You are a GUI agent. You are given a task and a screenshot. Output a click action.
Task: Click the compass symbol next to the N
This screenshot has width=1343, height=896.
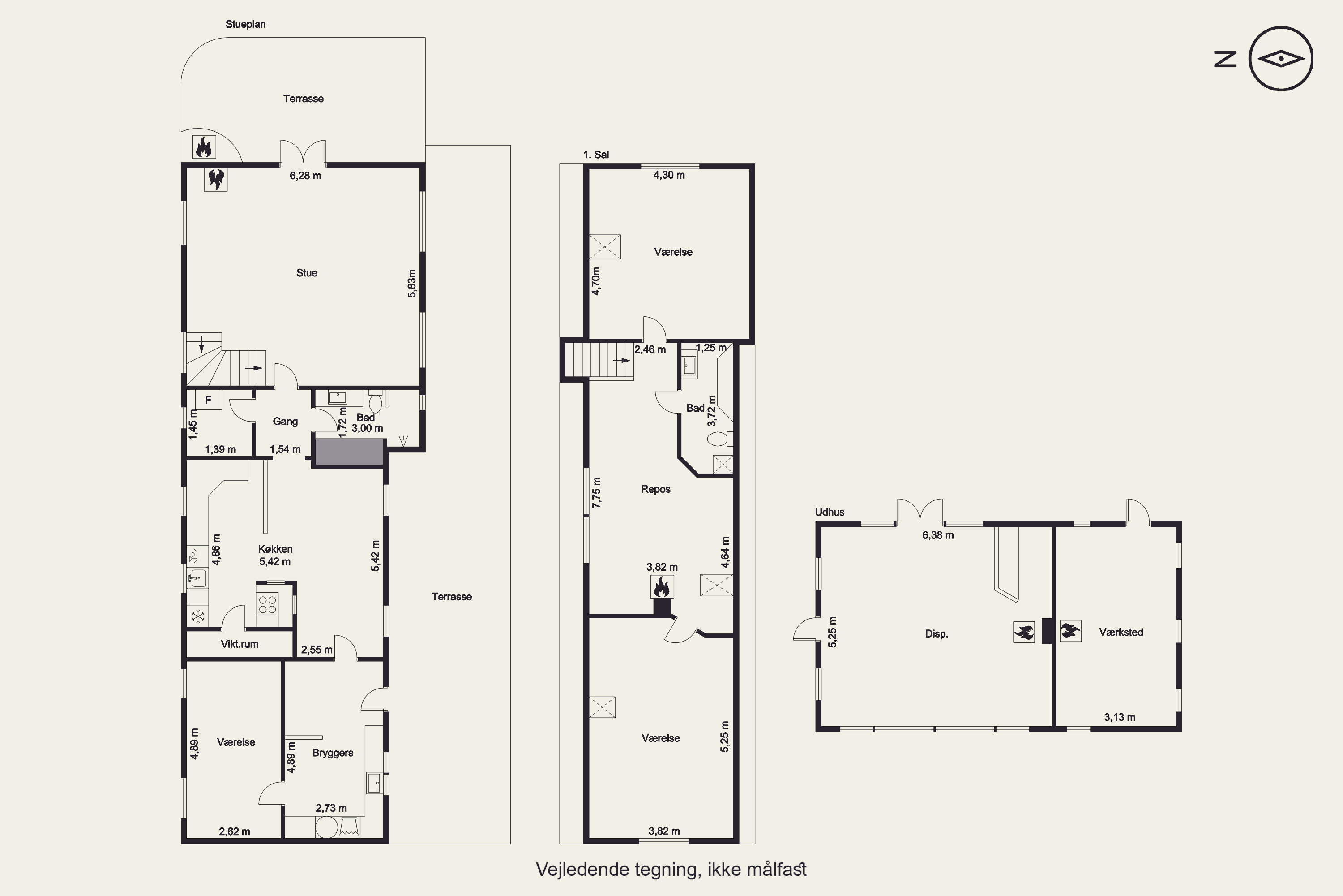1281,58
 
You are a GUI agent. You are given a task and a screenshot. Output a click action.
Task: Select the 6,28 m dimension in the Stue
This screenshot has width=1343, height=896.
305,176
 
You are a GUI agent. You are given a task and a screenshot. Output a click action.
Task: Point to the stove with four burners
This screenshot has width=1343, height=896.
267,604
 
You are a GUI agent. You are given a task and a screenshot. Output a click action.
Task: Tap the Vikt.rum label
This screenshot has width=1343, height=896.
240,644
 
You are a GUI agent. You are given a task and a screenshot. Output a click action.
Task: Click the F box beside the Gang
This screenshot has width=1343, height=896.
209,400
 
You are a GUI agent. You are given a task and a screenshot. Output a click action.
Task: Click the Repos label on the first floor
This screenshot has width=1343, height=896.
655,489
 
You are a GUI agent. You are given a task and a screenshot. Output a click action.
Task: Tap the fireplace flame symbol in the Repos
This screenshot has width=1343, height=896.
662,587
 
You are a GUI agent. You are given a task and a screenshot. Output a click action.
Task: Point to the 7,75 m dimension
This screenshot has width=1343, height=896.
596,492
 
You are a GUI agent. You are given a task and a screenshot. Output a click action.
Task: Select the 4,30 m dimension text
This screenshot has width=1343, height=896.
669,175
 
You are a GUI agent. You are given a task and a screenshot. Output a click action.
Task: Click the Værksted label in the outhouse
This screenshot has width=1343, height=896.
1121,632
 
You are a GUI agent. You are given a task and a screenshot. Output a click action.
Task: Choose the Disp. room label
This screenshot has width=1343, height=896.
937,634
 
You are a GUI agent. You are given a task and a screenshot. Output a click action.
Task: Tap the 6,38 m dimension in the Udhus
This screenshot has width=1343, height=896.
938,535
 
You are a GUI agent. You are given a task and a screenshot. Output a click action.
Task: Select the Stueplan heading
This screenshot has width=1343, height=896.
245,24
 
